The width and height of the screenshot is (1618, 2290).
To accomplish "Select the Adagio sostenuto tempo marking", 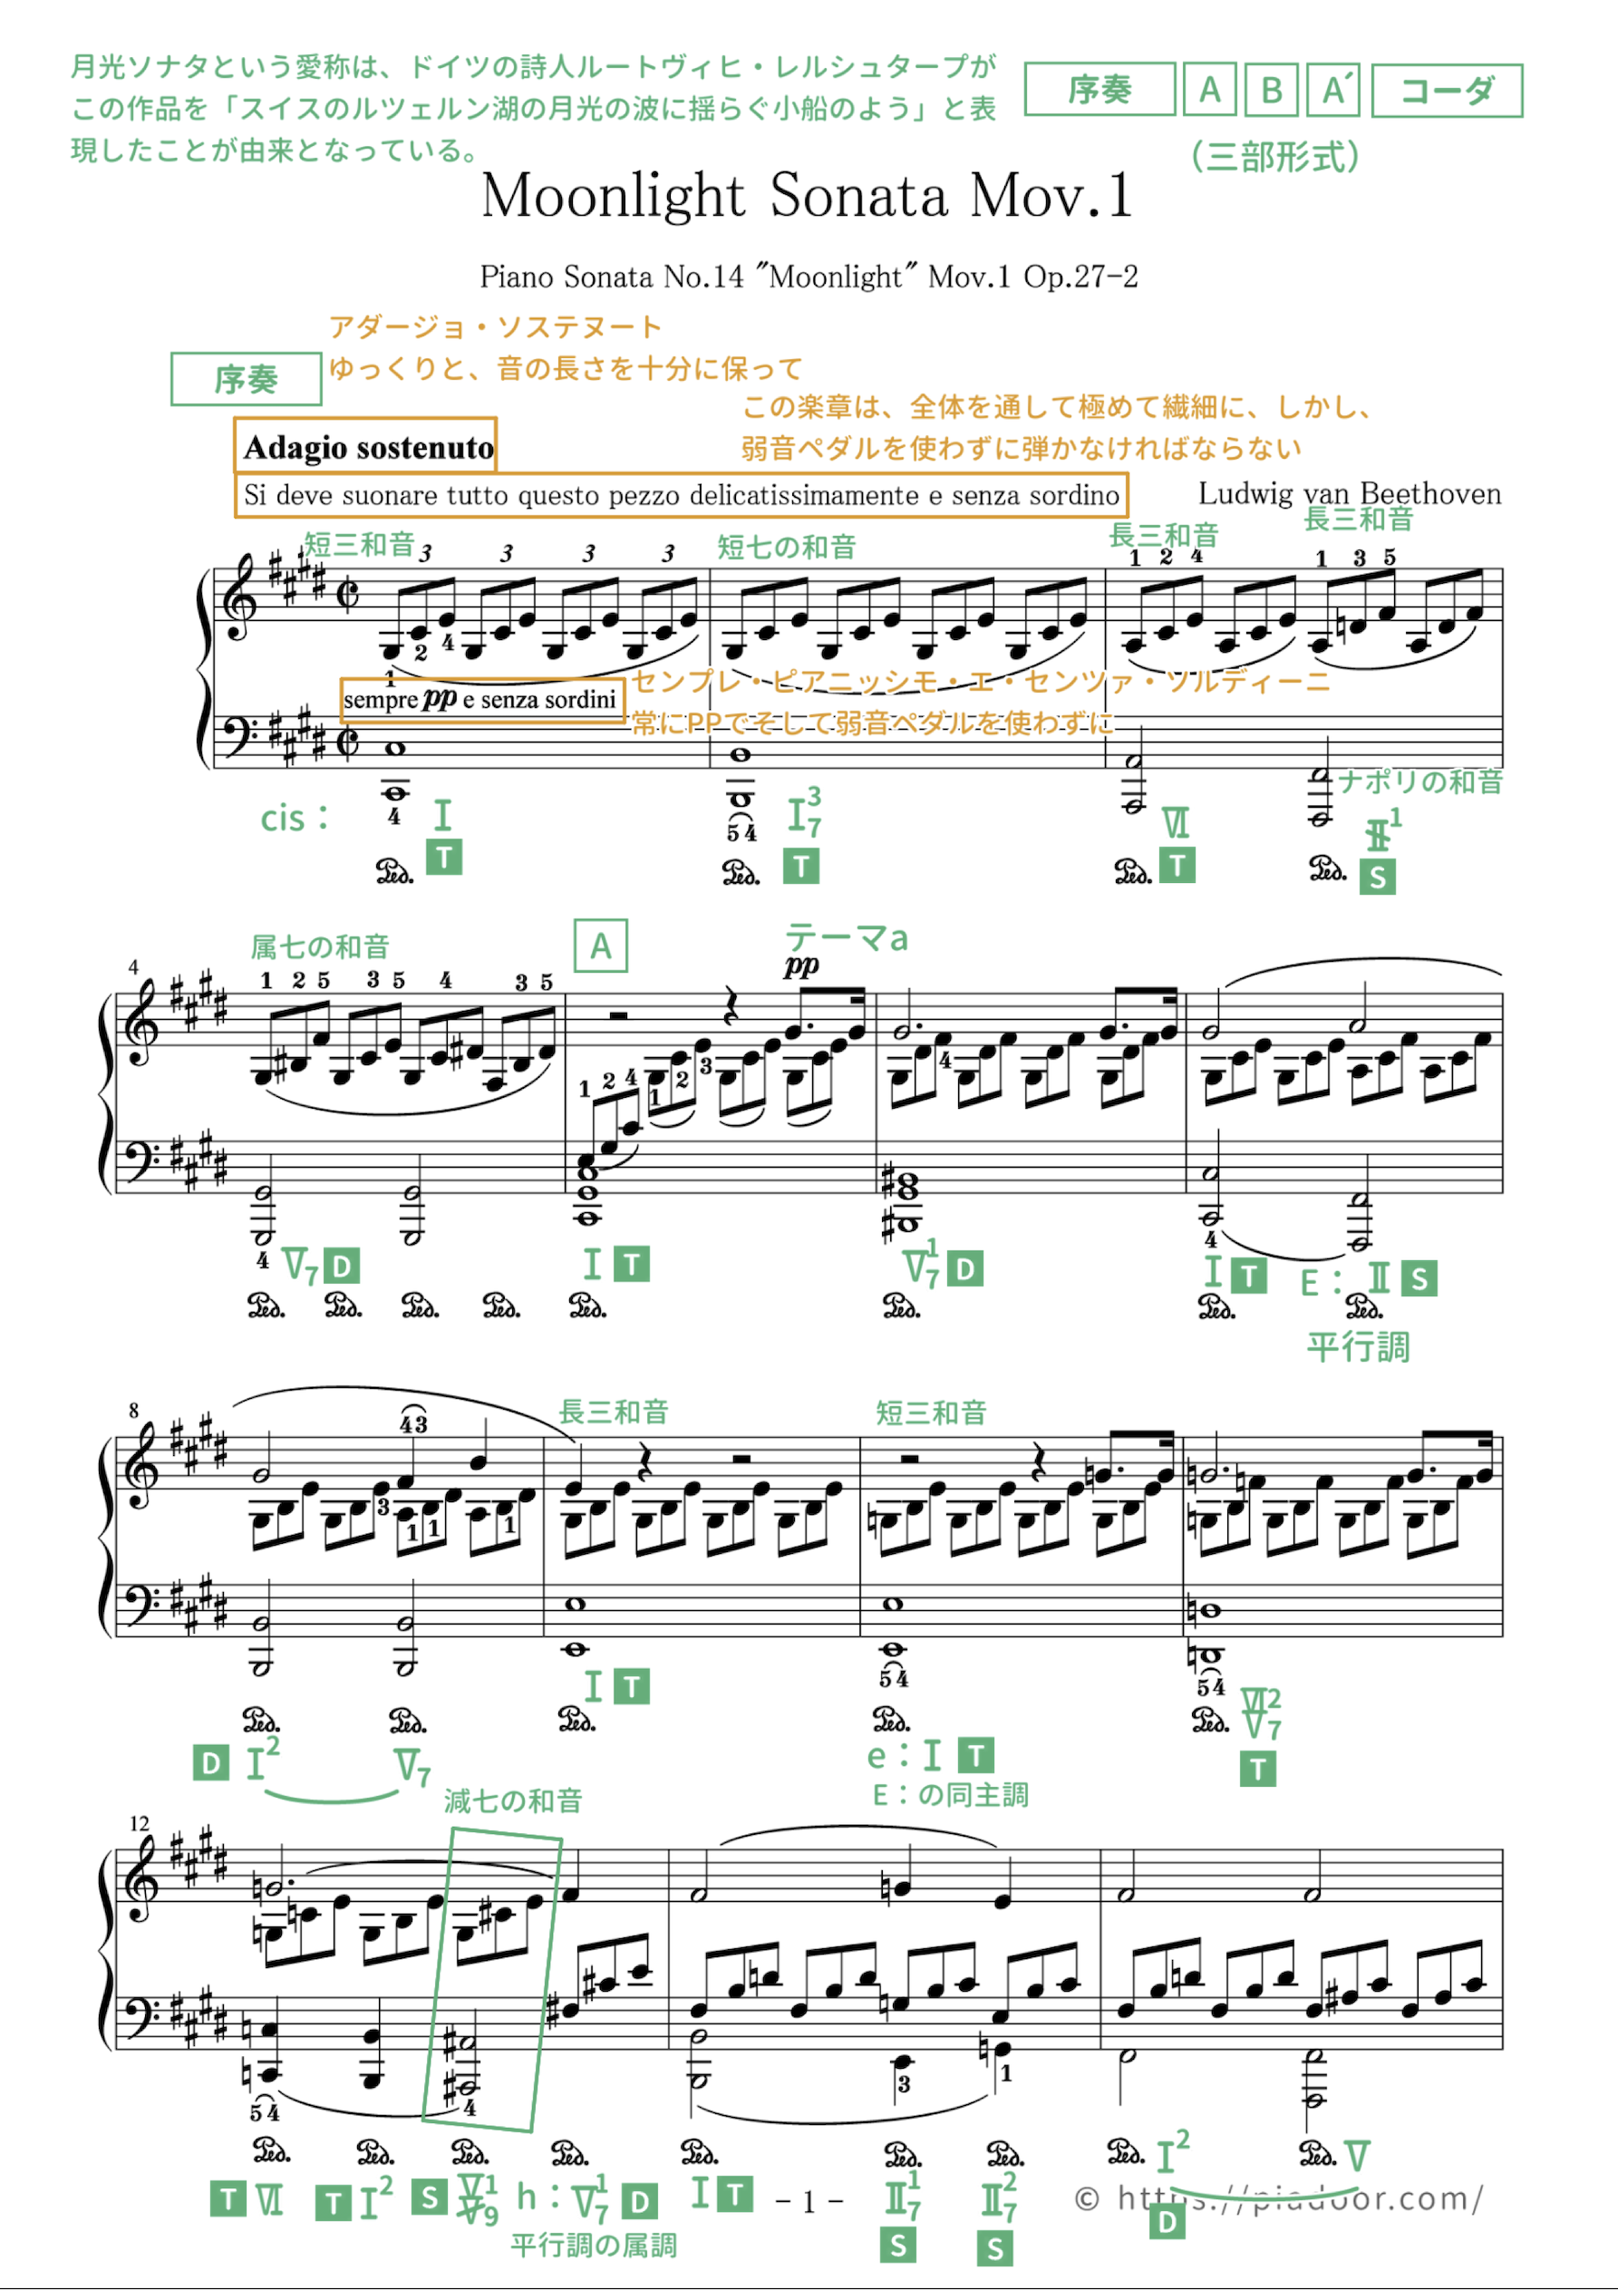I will click(367, 447).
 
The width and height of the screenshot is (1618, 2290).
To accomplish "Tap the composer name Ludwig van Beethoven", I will click(1349, 494).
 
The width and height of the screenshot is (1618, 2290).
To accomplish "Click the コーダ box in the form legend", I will click(1447, 91).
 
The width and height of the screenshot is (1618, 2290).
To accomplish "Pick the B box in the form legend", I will click(1271, 91).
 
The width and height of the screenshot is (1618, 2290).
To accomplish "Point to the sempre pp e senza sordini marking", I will click(482, 699).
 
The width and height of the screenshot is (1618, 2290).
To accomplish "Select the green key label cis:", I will click(295, 818).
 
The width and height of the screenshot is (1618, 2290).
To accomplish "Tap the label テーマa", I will click(846, 937).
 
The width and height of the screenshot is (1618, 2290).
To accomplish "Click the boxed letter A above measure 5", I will click(600, 946).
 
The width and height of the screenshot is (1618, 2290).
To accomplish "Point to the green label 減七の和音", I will click(513, 1800).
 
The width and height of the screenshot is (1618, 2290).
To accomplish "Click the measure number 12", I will click(139, 1823).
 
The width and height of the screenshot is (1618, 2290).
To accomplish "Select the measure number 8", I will click(133, 1411).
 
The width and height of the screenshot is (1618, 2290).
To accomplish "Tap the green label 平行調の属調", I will click(594, 2244).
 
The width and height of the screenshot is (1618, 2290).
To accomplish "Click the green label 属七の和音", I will click(319, 946).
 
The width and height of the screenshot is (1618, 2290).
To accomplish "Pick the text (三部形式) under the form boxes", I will click(1274, 157).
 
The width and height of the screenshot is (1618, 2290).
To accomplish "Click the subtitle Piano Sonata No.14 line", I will click(808, 277).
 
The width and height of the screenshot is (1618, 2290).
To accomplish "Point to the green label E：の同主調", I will click(950, 1794).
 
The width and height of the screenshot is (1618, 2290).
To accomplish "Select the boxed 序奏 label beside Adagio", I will click(246, 379).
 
